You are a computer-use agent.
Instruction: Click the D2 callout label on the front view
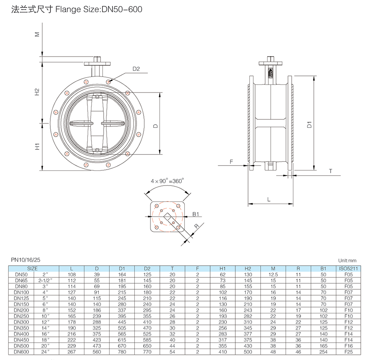tap(136, 69)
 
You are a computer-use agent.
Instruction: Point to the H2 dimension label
tap(37, 92)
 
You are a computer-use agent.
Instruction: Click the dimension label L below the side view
tap(269, 199)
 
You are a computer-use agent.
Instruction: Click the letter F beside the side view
tap(231, 162)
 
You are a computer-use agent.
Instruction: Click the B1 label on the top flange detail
tap(196, 214)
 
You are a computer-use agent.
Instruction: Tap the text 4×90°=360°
tap(167, 181)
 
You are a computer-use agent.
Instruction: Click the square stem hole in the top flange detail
tap(168, 217)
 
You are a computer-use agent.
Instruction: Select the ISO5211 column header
tap(348, 269)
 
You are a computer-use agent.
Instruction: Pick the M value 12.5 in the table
tap(273, 274)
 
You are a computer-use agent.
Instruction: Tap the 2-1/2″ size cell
tap(46, 280)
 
